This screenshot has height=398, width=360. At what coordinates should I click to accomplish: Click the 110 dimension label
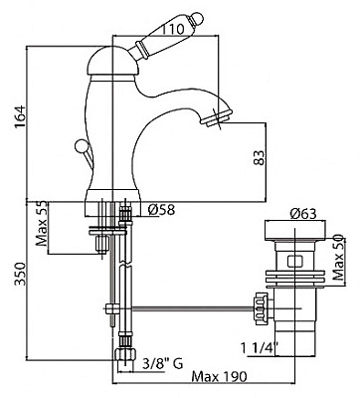click(x=172, y=29)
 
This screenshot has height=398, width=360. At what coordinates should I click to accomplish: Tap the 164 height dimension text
click(x=20, y=117)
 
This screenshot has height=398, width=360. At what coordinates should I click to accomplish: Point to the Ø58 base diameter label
click(x=161, y=210)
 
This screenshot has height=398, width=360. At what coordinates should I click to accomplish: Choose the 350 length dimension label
click(x=20, y=274)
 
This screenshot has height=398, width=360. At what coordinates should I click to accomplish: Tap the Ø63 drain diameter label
click(x=303, y=214)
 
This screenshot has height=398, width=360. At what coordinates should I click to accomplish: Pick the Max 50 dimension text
click(x=338, y=258)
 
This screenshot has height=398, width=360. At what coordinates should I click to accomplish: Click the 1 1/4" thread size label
click(x=260, y=348)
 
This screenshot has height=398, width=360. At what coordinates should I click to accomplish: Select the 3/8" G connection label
click(x=162, y=363)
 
